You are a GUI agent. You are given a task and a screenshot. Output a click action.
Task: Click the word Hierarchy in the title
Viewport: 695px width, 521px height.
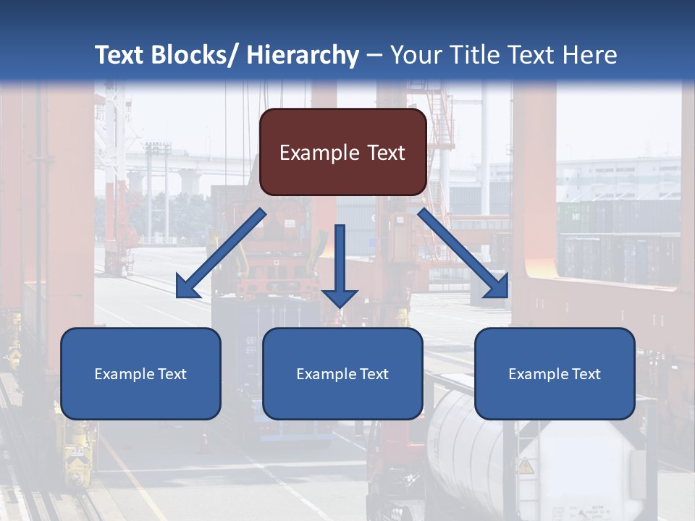coord(303,55)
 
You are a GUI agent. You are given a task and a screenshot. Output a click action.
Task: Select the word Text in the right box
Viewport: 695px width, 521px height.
coord(586,374)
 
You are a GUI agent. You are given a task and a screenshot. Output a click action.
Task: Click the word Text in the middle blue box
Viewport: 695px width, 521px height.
coord(374,374)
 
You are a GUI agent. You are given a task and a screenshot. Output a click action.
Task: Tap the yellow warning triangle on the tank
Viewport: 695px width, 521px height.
coord(526,466)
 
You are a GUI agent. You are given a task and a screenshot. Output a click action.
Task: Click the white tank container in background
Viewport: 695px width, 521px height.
coord(471,449)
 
